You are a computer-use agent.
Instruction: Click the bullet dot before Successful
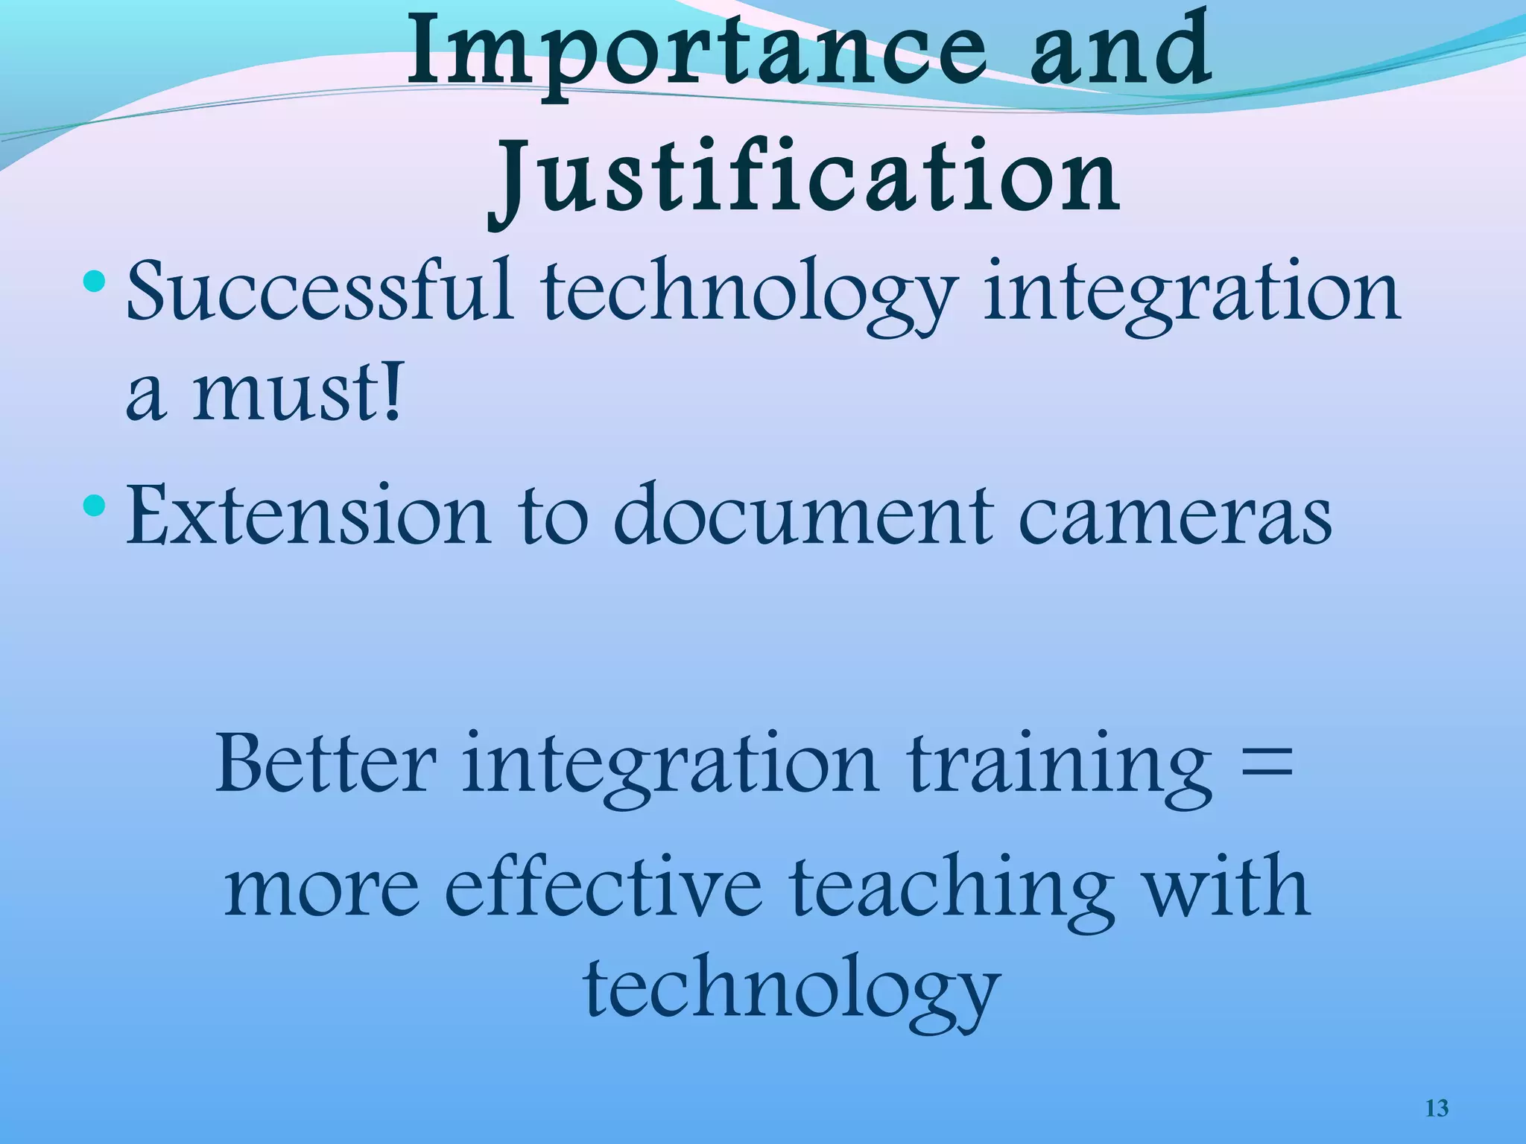(95, 282)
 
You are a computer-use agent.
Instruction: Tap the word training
(1059, 767)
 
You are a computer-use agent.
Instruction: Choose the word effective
(604, 886)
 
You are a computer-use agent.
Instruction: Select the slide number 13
(1437, 1108)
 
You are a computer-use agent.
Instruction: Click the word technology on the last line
(791, 991)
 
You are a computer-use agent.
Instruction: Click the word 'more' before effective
(322, 890)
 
